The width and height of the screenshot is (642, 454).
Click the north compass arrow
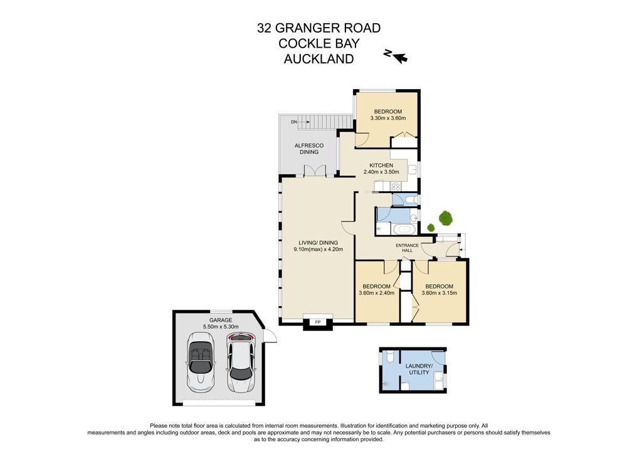pos(399,57)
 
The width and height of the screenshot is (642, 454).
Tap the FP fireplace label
pos(317,322)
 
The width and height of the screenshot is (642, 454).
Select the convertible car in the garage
pos(201,361)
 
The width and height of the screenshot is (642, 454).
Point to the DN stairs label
pos(293,122)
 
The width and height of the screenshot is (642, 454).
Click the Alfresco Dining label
pos(309,149)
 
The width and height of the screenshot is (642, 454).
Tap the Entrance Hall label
pos(407,248)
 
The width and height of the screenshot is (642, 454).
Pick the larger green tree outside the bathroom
pos(446,218)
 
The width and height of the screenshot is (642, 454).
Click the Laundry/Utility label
pos(419,369)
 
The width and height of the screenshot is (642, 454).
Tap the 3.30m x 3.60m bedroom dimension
pos(387,118)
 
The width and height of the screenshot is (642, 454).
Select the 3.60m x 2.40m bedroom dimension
pos(376,293)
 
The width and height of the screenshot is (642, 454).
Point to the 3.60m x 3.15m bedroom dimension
pos(439,293)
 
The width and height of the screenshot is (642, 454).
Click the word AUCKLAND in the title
pos(319,59)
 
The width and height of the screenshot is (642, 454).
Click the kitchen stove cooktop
pos(396,186)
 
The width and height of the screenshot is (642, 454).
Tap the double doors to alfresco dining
pos(315,171)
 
